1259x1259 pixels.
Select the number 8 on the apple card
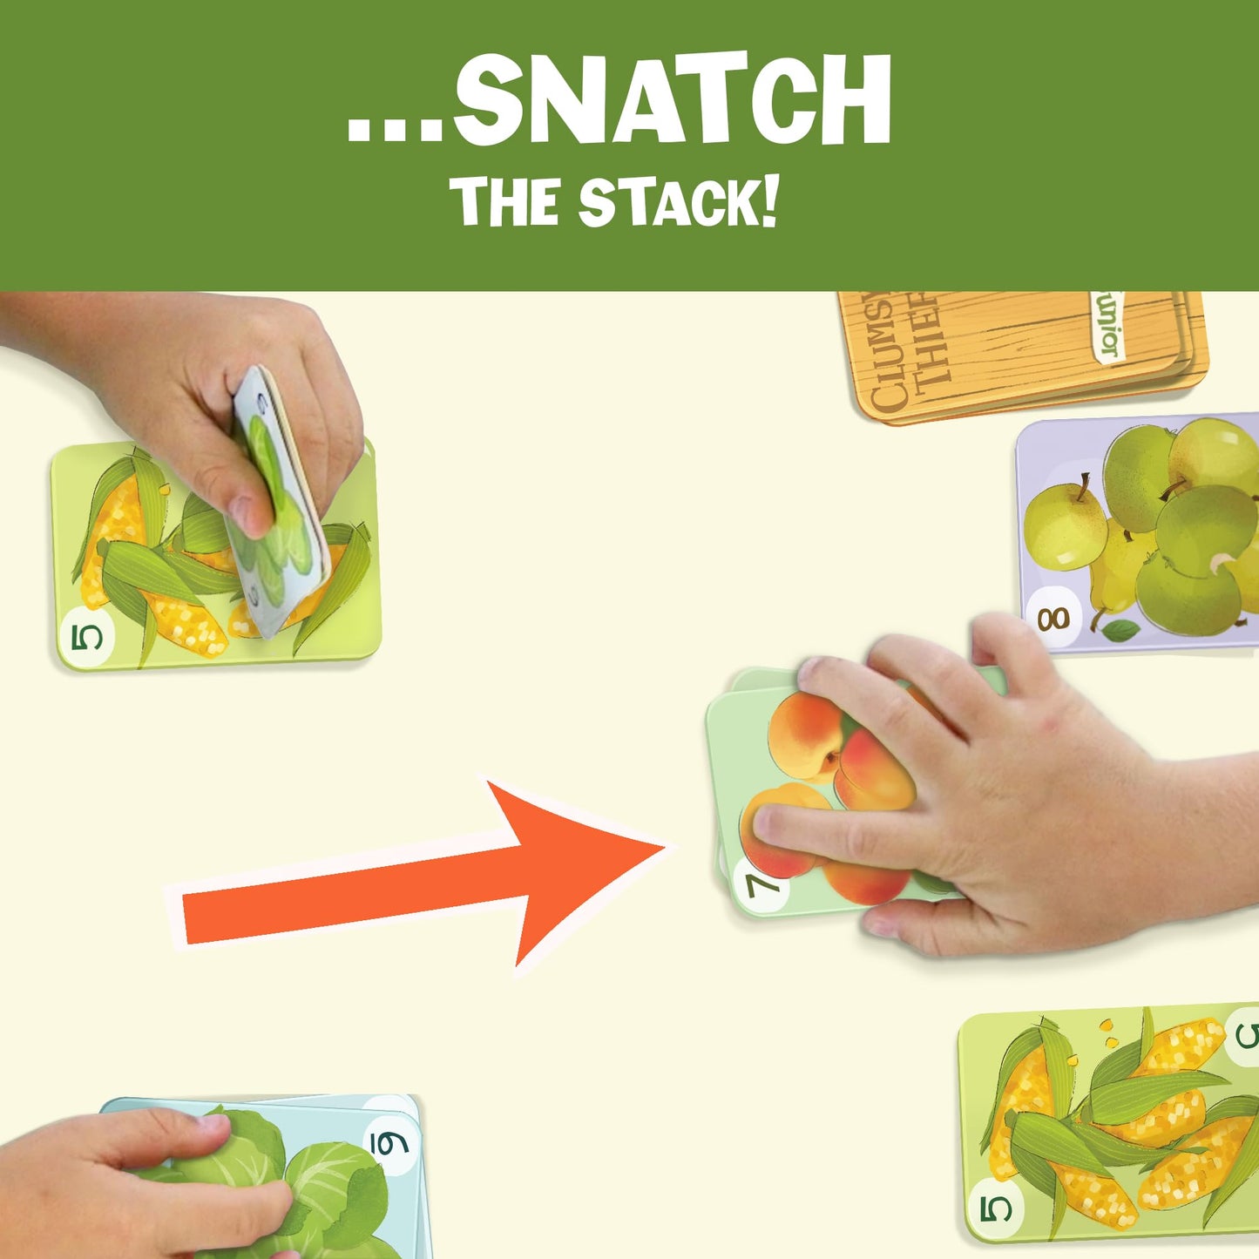pos(1053,619)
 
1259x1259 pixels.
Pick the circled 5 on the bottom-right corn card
pos(997,1208)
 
